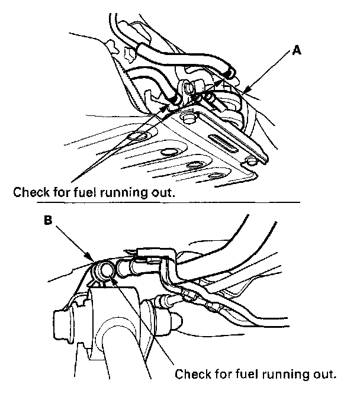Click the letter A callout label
(x=297, y=51)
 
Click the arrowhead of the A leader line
(x=243, y=92)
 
